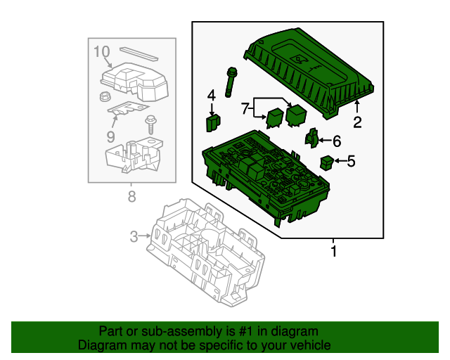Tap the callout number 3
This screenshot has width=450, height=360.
click(x=134, y=237)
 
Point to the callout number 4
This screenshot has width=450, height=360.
click(x=211, y=96)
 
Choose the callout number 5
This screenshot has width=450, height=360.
click(x=351, y=161)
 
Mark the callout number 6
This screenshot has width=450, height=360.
click(x=336, y=140)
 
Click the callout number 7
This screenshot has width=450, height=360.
click(x=245, y=108)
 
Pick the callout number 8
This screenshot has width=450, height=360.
click(x=131, y=196)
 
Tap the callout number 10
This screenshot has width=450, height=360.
click(x=102, y=51)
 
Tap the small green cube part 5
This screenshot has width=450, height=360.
click(x=326, y=163)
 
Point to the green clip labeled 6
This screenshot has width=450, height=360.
click(x=312, y=137)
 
